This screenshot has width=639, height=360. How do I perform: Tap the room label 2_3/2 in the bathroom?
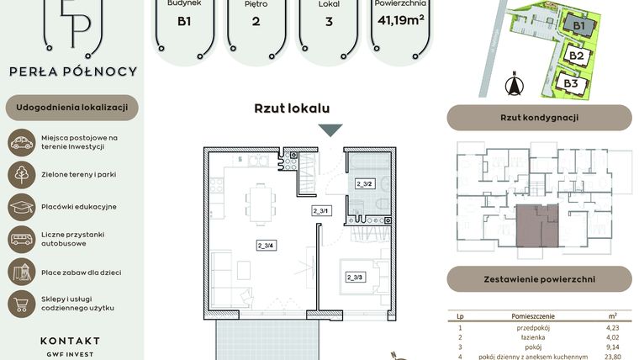364,183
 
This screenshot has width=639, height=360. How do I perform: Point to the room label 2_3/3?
353,277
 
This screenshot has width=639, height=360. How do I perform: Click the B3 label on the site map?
571,84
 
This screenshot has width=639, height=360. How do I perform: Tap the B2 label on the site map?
576,56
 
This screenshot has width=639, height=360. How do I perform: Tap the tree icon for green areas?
21,174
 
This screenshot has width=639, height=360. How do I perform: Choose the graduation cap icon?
21,206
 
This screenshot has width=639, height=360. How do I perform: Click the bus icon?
21,239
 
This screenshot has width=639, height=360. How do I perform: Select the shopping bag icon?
21,303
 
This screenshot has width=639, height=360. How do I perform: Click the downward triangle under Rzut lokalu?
330,130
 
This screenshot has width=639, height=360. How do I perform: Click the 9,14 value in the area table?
612,345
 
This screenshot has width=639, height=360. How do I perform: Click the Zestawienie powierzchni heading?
539,279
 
